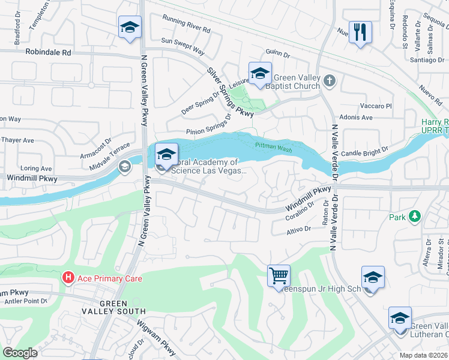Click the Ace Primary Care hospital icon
(68, 277)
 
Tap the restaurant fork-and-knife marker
(360, 32)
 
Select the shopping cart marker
(279, 277)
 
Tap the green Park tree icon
(414, 217)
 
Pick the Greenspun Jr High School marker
(373, 278)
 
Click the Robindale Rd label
(48, 52)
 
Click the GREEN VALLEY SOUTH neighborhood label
(114, 307)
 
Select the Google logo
(20, 353)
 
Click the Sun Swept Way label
(183, 41)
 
